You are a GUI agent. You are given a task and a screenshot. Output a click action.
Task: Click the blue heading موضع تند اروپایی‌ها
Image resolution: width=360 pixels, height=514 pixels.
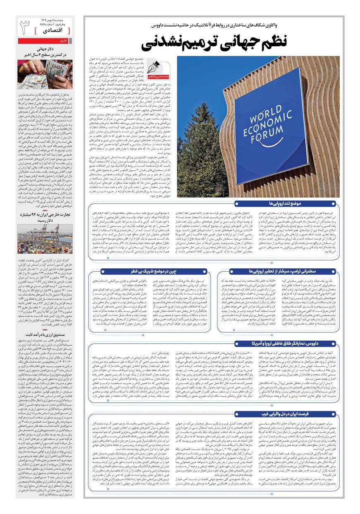286,204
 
